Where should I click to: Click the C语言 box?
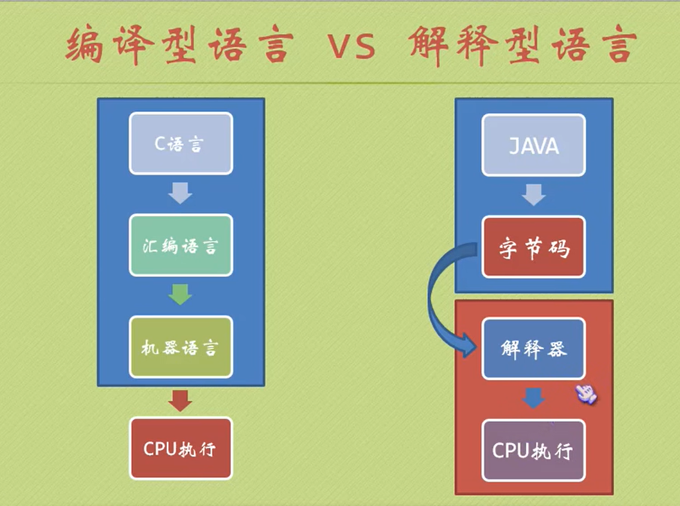180,144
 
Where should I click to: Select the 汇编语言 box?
180,245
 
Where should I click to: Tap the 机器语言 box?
180,347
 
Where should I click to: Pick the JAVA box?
533,145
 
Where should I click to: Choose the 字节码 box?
533,247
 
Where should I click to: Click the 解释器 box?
533,349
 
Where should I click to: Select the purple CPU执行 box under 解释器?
533,450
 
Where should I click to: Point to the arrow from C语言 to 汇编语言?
180,193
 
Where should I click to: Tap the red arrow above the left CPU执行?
180,400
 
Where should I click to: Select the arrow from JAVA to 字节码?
533,195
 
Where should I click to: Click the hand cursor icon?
586,393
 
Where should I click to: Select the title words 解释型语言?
521,45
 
